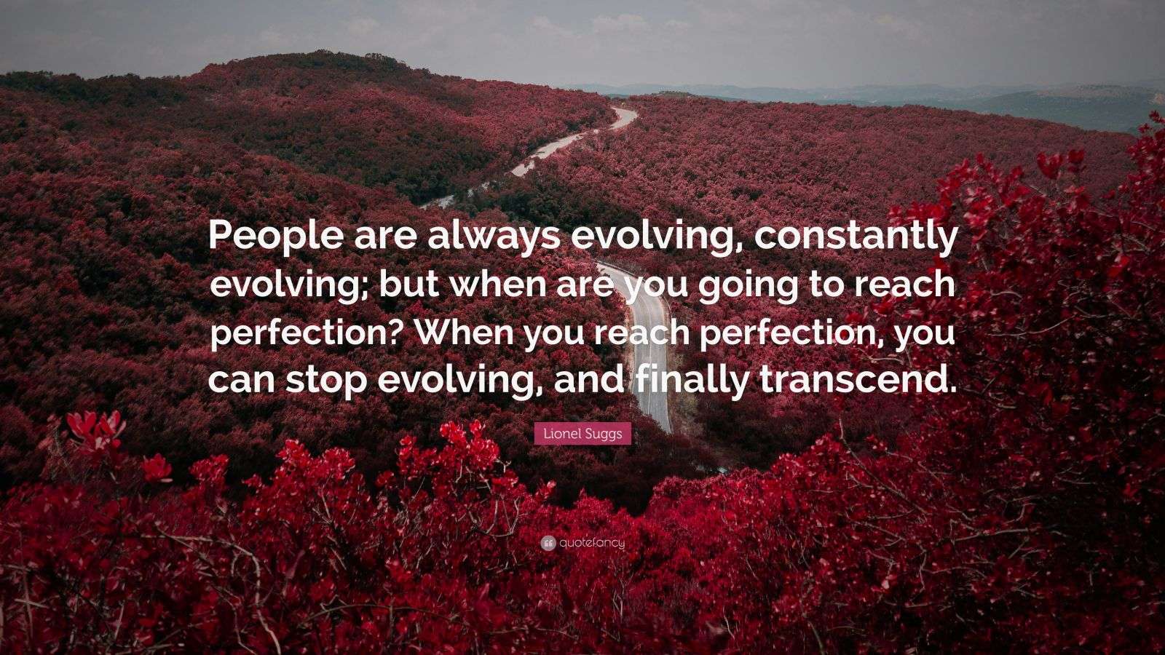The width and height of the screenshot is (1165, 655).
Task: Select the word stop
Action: tap(325, 380)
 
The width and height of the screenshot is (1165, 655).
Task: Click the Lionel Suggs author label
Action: tap(582, 434)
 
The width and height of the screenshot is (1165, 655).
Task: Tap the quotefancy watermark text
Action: tap(592, 542)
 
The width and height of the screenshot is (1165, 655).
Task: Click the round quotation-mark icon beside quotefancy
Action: tap(548, 542)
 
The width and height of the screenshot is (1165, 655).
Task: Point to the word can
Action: tap(240, 380)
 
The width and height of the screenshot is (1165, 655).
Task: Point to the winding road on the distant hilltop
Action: tap(575, 138)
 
